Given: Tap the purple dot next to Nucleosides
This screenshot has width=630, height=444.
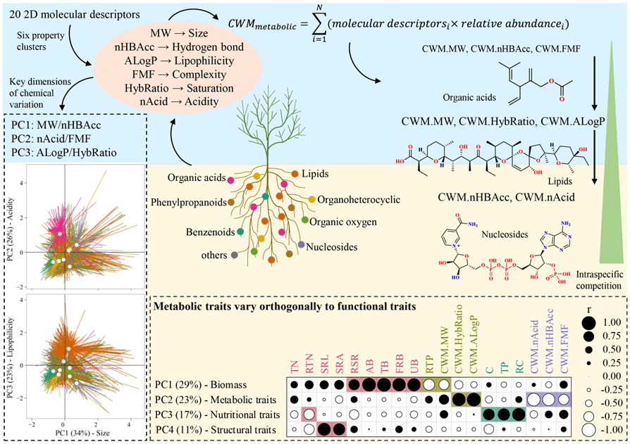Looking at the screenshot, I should pyautogui.click(x=301, y=244).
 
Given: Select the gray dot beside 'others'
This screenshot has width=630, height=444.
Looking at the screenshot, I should pyautogui.click(x=233, y=254).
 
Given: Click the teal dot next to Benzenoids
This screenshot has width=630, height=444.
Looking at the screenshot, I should pyautogui.click(x=241, y=231).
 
